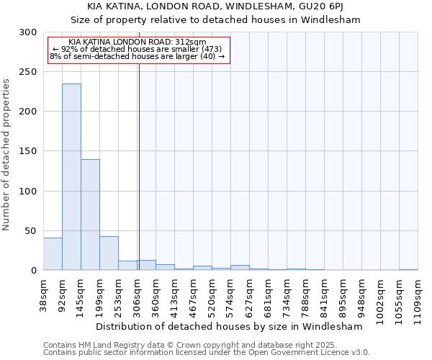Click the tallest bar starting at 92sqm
click(71, 177)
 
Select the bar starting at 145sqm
click(90, 215)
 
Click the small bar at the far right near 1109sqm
click(408, 269)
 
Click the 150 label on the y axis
click(29, 151)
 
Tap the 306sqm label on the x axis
click(137, 294)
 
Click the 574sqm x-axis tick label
click(230, 294)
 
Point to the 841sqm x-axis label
click(324, 294)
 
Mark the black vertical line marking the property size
click(139, 166)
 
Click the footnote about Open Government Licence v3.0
click(207, 352)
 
